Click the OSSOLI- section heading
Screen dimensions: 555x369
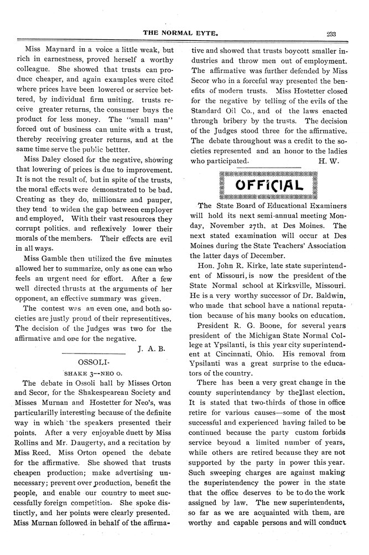[98, 361]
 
